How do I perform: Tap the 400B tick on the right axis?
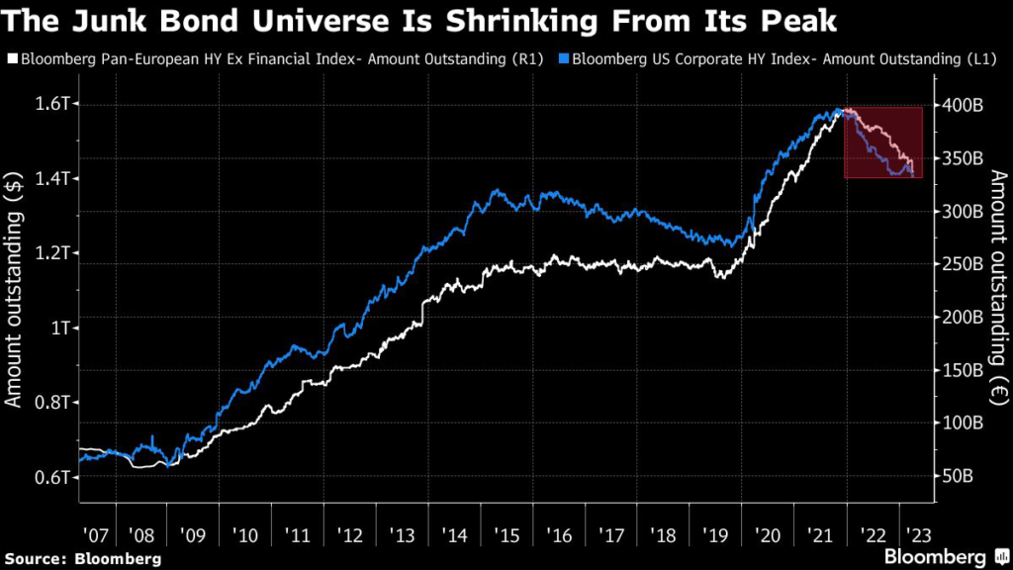click(x=958, y=104)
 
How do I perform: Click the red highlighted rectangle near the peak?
click(x=883, y=142)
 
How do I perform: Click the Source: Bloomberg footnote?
click(x=81, y=557)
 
